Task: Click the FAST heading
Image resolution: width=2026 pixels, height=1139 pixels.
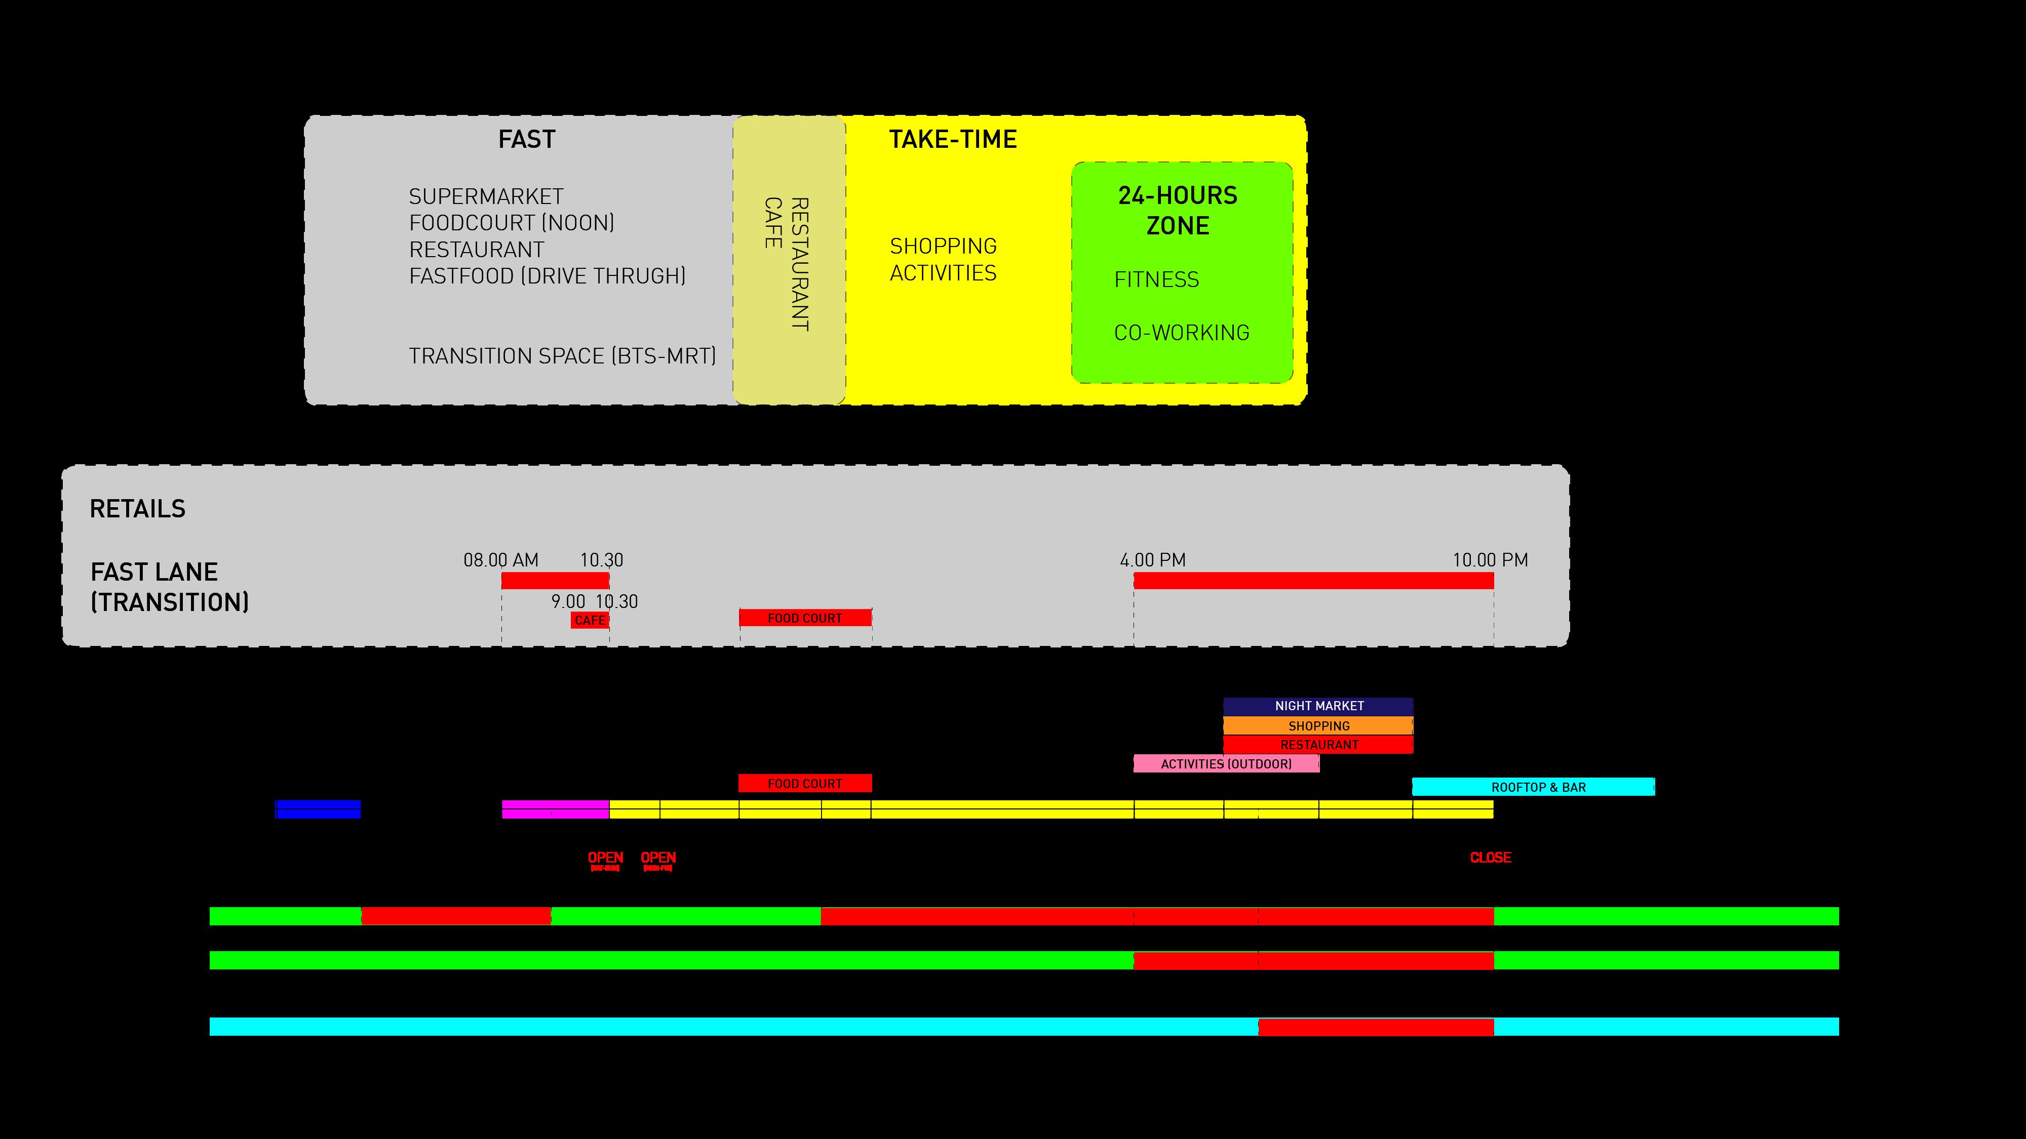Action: pos(526,140)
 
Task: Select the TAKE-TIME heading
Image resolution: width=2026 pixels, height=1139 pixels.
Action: pos(952,140)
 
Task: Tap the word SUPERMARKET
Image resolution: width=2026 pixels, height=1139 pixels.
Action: pos(486,196)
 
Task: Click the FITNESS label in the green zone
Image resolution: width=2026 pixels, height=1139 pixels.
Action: pos(1156,280)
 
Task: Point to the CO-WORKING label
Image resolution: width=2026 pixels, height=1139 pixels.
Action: pos(1181,333)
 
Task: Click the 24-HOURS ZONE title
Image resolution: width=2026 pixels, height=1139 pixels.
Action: pos(1178,211)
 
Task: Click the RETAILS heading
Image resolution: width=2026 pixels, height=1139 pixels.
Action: pos(138,509)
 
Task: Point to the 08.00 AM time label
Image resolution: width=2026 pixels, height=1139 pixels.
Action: pos(501,560)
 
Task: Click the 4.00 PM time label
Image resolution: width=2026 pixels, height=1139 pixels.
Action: pos(1152,560)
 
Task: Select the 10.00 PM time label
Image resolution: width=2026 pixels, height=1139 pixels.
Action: pos(1490,560)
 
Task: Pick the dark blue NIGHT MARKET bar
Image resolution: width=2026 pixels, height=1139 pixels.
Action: pos(1318,706)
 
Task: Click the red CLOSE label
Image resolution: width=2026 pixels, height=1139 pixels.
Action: pos(1490,858)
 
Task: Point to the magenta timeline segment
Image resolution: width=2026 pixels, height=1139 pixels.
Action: pos(555,809)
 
